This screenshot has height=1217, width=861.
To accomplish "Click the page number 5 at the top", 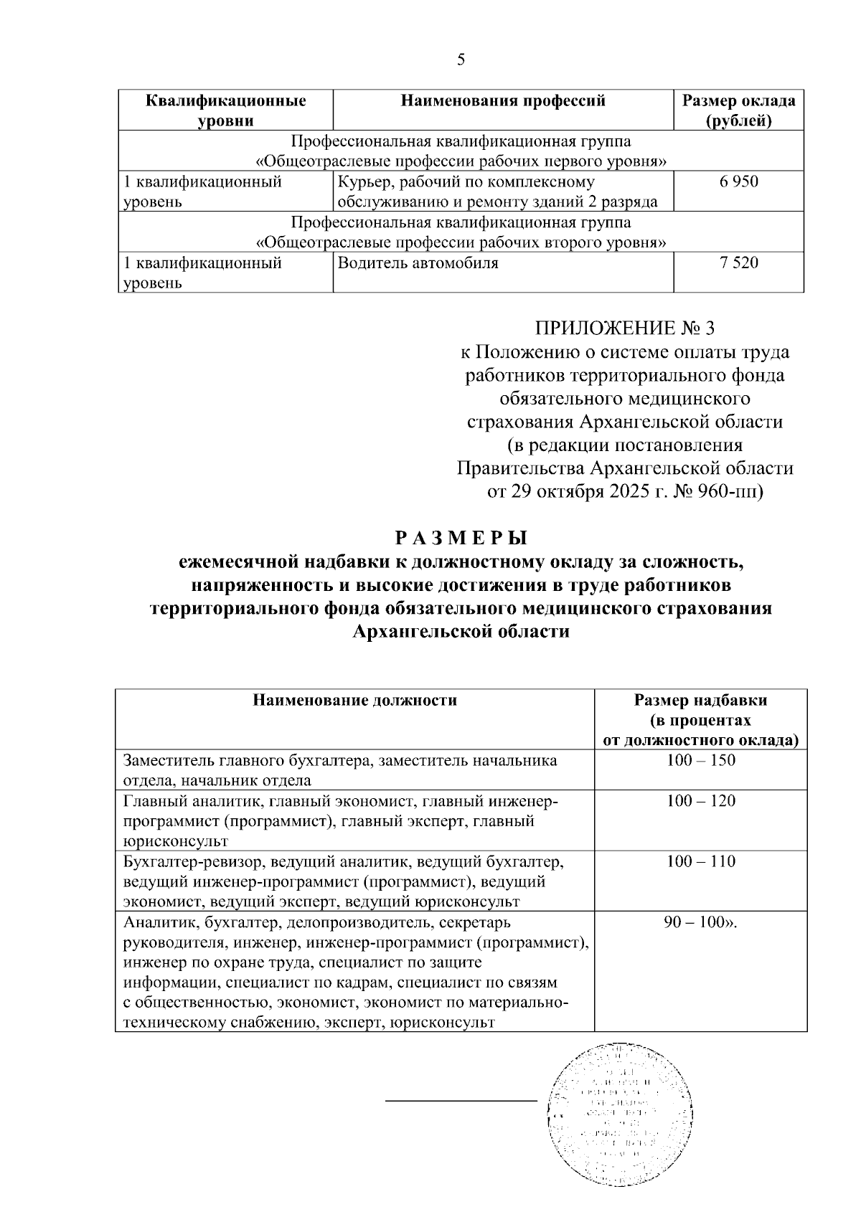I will click(461, 60).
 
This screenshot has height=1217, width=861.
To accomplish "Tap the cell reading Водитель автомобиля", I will click(418, 263).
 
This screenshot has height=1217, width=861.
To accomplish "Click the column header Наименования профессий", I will click(503, 100).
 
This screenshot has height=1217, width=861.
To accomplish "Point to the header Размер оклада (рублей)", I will click(738, 110).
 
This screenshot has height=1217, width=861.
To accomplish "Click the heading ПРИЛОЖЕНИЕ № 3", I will click(624, 328).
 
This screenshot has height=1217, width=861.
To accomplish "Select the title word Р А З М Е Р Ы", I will click(461, 537).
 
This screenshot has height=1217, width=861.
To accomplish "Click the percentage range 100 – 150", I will click(700, 760).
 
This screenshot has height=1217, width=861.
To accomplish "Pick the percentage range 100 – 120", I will click(700, 801).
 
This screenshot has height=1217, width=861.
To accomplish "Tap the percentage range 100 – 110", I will click(700, 861).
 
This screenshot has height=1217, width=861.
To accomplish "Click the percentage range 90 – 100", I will click(700, 922).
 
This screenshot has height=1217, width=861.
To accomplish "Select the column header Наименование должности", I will click(354, 700).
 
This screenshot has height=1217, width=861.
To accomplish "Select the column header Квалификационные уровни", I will click(226, 110).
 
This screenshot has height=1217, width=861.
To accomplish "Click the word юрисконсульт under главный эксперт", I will click(175, 841).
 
